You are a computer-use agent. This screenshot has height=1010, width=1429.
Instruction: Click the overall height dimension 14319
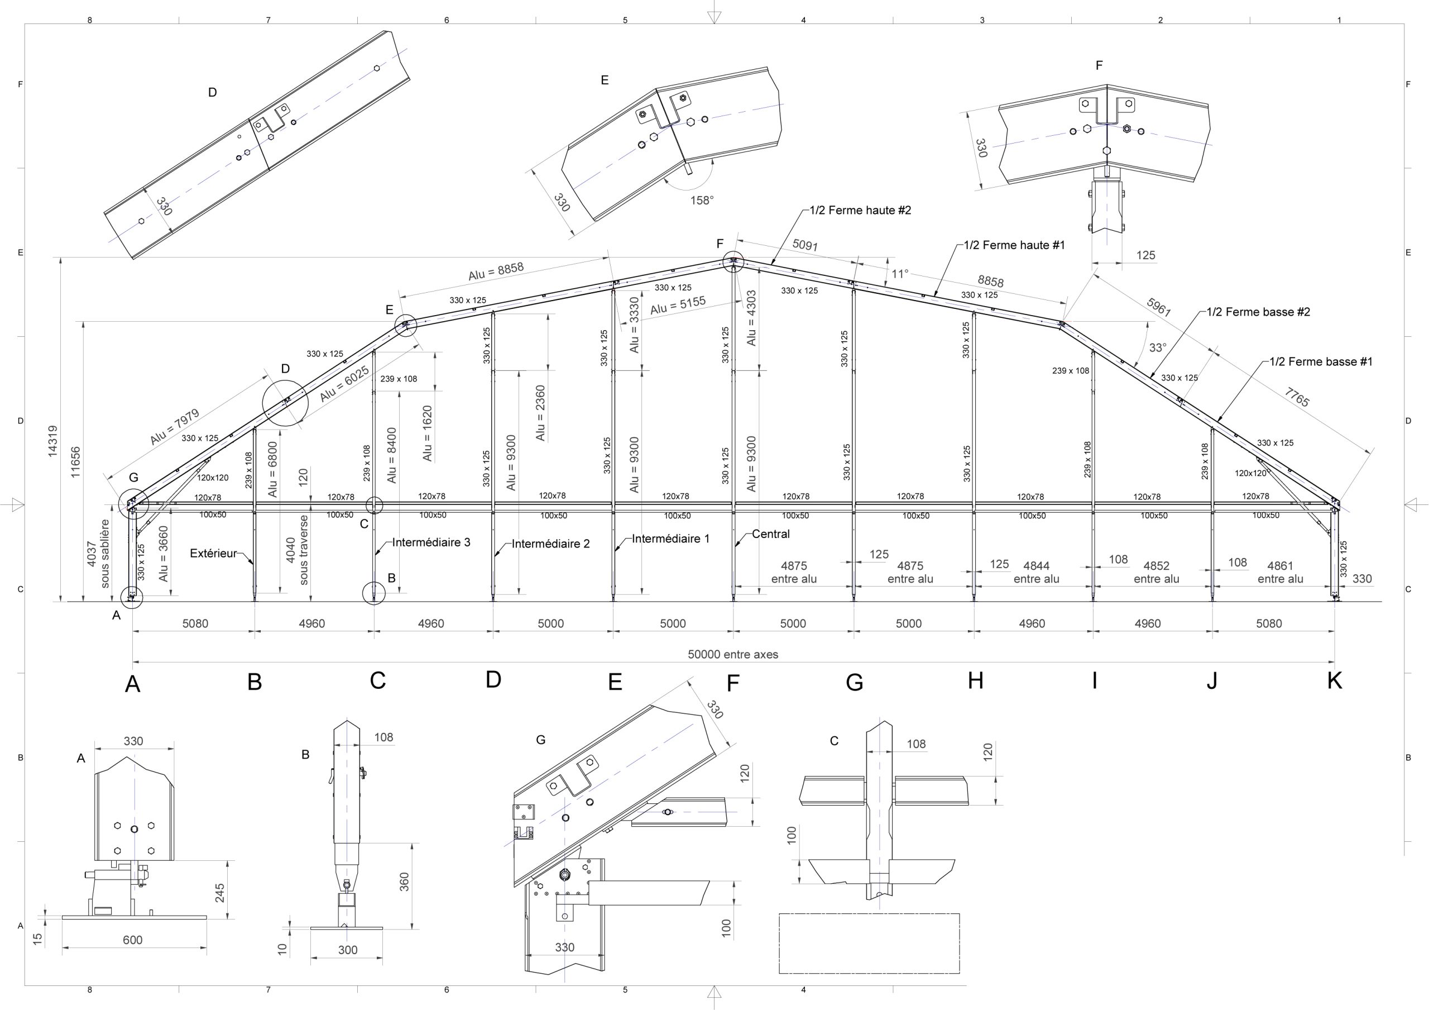(x=53, y=441)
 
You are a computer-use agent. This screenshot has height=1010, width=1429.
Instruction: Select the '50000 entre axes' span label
(x=732, y=655)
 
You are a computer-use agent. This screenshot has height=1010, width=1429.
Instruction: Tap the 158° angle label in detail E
(x=702, y=201)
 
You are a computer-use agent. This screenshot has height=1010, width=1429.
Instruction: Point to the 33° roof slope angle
(x=1158, y=347)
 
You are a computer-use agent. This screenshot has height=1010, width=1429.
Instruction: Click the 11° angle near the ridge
(x=899, y=274)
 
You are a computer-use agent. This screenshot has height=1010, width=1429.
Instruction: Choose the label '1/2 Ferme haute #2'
(x=860, y=211)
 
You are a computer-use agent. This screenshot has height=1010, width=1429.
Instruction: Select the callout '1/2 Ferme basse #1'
(x=1321, y=362)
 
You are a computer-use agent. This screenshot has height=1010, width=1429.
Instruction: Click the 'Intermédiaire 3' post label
(x=431, y=542)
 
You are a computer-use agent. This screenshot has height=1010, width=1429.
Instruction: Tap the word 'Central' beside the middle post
(x=770, y=533)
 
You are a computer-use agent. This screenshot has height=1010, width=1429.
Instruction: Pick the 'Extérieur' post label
(x=213, y=553)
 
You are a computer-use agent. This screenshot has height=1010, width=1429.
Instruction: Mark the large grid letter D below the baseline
(x=493, y=679)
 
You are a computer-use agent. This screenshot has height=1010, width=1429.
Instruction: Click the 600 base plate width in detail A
(x=132, y=940)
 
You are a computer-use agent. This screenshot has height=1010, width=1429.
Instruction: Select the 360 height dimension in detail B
(x=405, y=882)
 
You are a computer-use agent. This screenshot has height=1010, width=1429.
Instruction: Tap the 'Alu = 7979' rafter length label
(x=175, y=427)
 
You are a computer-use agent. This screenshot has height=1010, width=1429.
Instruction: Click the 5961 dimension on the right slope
(x=1158, y=307)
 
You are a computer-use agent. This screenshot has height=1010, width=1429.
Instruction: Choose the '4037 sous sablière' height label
(x=98, y=554)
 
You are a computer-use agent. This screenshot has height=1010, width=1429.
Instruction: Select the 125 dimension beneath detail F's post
(x=1145, y=255)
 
